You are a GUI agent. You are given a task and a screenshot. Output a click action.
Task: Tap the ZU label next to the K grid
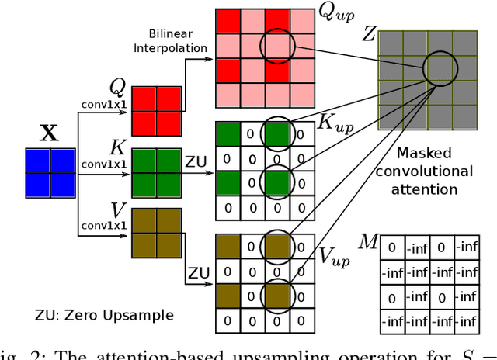click(x=196, y=161)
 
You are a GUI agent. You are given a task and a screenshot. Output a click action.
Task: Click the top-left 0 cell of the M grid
click(x=393, y=247)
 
